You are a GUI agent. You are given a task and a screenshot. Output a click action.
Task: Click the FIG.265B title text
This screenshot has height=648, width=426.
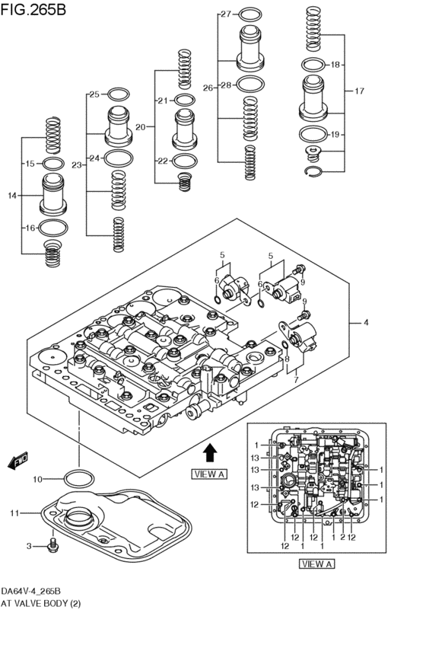[33, 9]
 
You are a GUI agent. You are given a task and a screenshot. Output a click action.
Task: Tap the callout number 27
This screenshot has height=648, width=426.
[225, 14]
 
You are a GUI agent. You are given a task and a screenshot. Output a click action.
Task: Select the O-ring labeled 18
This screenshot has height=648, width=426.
[313, 65]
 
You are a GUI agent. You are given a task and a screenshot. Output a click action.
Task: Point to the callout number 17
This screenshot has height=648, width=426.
[359, 91]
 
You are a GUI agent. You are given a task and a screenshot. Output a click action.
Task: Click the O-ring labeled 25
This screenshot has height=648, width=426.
[119, 94]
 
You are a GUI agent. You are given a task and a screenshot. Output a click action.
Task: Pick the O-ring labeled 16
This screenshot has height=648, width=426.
[53, 228]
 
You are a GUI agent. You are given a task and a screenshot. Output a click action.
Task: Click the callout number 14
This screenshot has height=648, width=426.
[12, 196]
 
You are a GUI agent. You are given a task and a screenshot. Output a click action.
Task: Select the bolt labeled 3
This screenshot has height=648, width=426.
[52, 545]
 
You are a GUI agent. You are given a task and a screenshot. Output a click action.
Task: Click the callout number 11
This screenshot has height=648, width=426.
[15, 513]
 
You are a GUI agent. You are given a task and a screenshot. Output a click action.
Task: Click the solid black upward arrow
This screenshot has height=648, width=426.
[211, 452]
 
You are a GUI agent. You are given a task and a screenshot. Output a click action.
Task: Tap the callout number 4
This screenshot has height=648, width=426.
[366, 323]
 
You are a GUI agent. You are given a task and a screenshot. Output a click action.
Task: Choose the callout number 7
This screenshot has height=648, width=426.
[296, 380]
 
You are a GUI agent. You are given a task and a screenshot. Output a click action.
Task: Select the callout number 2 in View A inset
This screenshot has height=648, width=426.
[342, 538]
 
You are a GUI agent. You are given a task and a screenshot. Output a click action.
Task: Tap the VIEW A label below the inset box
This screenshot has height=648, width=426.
[317, 564]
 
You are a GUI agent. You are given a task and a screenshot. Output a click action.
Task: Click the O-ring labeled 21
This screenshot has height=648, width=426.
[185, 100]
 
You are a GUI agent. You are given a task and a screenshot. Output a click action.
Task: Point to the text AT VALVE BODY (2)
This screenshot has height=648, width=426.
[41, 603]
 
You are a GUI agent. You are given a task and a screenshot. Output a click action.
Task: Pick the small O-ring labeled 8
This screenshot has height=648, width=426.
[285, 345]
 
